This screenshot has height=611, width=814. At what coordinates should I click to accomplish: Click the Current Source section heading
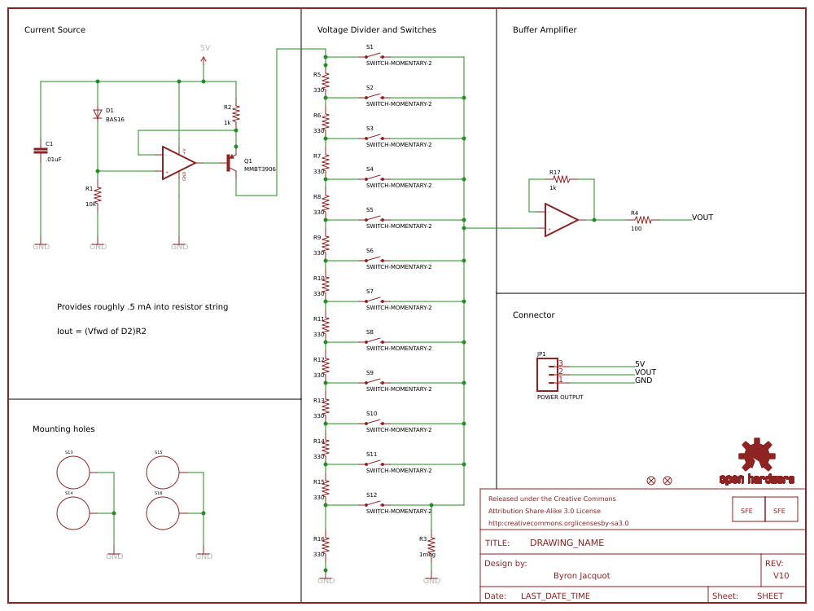coord(55,30)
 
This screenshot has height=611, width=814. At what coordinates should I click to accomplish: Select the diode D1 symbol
coord(98,114)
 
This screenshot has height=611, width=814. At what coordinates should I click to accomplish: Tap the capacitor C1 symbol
coord(40,150)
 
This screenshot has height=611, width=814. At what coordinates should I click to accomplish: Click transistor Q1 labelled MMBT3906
coord(231,163)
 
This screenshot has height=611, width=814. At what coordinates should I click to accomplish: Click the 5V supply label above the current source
coord(204,48)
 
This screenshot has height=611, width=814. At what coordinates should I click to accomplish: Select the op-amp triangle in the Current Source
coord(177,163)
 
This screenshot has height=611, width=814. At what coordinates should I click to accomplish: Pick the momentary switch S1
coord(374,56)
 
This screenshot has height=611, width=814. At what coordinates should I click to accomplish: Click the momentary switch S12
coord(374,504)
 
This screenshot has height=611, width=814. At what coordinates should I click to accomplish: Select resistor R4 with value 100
coord(643,220)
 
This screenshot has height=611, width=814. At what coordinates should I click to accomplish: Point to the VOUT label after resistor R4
coord(702,218)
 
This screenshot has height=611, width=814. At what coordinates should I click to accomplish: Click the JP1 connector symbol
coord(547,374)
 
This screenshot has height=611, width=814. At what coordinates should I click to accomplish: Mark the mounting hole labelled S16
coord(162,513)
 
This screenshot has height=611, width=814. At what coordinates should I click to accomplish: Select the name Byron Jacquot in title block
coord(581,575)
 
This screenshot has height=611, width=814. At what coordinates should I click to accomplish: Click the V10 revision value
coord(781,575)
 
